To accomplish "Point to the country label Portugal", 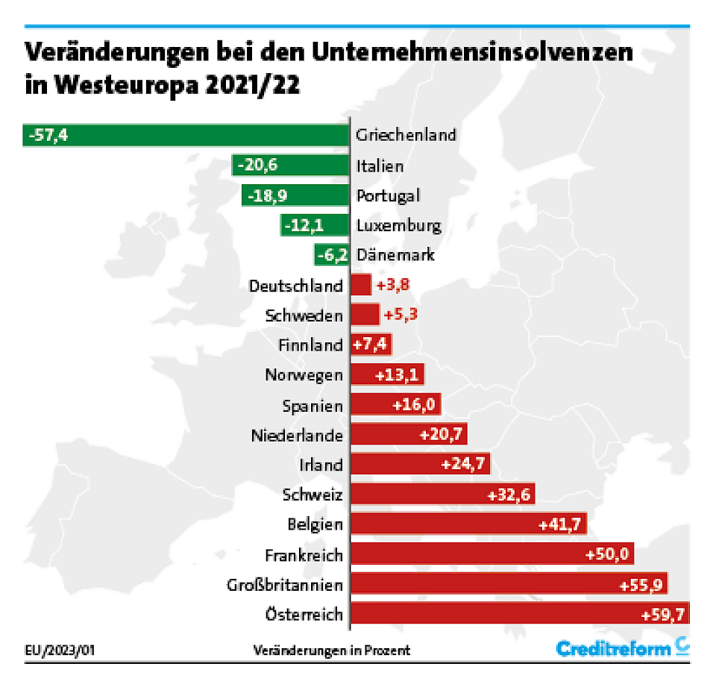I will [388, 195].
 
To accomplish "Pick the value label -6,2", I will [333, 255].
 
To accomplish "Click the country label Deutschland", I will [296, 285].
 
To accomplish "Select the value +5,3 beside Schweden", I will [400, 315].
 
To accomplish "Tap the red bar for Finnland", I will [370, 345].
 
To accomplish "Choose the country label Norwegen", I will [304, 374].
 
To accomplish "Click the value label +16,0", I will [415, 405].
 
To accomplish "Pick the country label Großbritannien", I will [285, 584].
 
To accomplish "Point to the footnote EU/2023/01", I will [60, 650].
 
